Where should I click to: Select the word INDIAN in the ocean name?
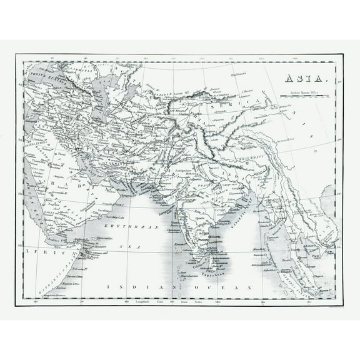pyautogui.click(x=128, y=286)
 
